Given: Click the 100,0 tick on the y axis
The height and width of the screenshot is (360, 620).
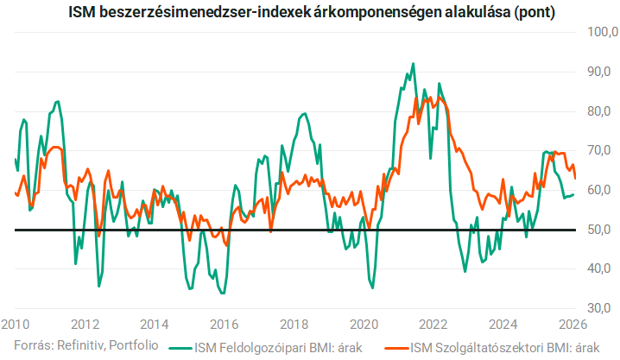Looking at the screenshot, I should [x=602, y=33].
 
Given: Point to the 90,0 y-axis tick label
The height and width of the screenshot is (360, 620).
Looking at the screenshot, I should [x=602, y=72].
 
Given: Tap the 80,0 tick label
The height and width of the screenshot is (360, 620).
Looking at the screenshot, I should [x=602, y=111].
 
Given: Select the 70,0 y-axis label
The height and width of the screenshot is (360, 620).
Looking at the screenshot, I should [x=602, y=150].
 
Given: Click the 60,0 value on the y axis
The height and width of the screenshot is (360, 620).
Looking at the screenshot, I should [x=602, y=190].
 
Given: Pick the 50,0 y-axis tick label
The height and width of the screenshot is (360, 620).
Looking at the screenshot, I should [x=602, y=230].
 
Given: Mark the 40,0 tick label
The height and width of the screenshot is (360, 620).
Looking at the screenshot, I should [x=602, y=268].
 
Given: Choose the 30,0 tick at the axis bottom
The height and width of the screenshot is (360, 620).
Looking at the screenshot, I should [x=602, y=308].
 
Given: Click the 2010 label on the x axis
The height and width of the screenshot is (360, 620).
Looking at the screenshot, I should [x=15, y=325].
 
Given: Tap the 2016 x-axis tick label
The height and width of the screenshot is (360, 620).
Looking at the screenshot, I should [x=225, y=325].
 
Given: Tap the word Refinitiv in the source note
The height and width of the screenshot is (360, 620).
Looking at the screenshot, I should [x=79, y=346].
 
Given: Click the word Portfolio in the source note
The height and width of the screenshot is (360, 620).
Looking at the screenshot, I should [x=134, y=346].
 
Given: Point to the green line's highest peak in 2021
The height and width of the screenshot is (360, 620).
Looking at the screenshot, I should [x=413, y=63].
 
